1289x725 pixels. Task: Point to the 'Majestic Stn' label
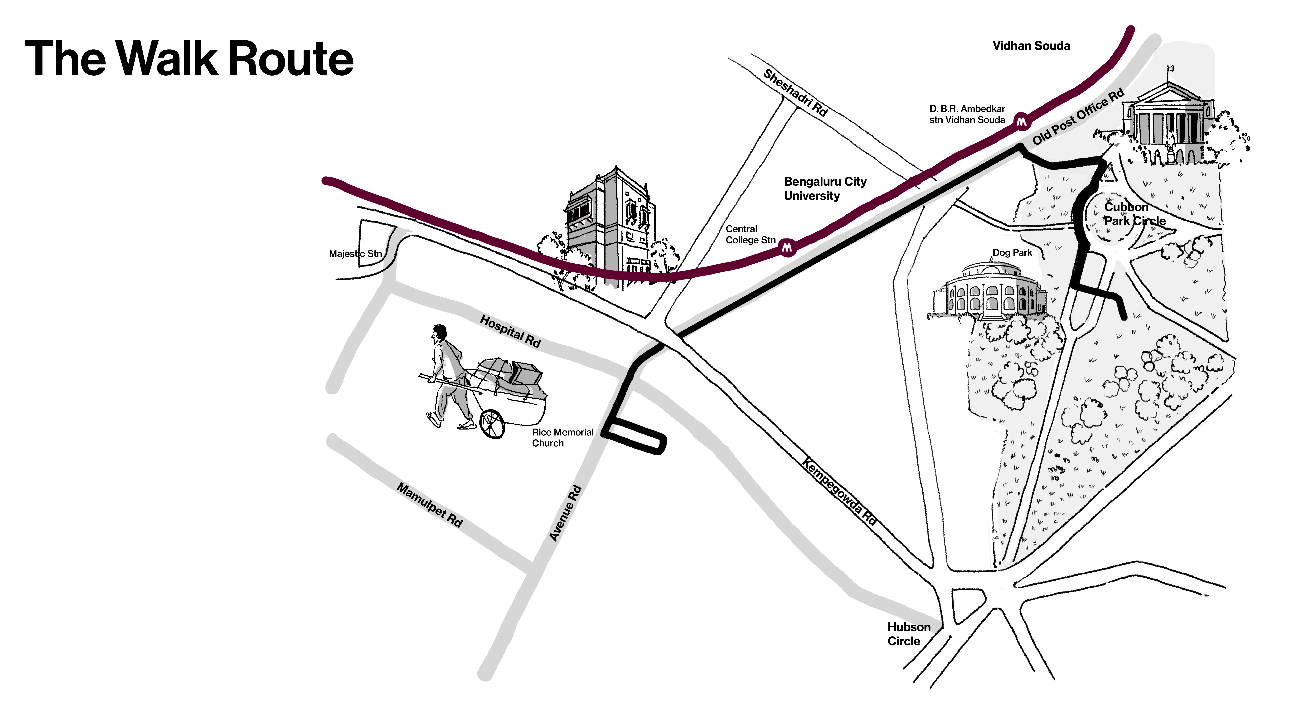[355, 254]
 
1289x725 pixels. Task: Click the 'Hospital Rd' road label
[510, 331]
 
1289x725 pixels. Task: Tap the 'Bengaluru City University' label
[825, 189]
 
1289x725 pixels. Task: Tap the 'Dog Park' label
[1012, 253]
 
